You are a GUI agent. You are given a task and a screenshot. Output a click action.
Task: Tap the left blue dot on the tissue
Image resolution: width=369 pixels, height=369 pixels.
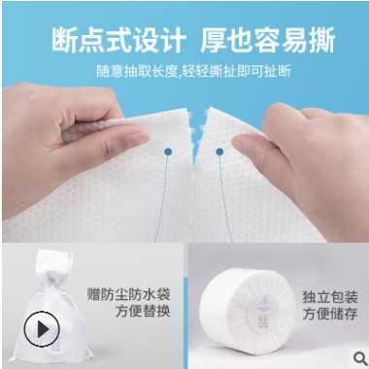click(x=167, y=151)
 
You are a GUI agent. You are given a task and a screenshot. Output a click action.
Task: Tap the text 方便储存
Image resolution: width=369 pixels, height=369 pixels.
click(x=328, y=314)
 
